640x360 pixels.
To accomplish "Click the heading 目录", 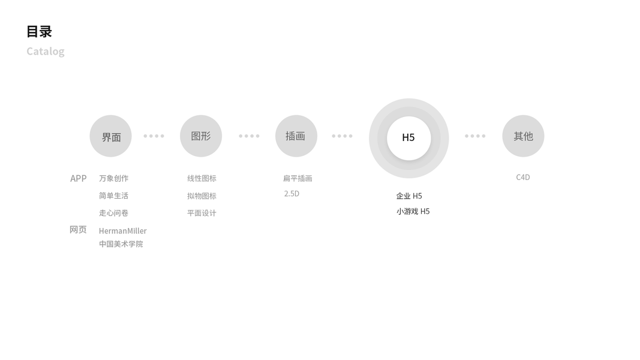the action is pyautogui.click(x=39, y=31).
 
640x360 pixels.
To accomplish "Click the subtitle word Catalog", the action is pyautogui.click(x=45, y=51).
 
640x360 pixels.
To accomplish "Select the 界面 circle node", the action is pyautogui.click(x=111, y=136).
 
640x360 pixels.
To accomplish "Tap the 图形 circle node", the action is pyautogui.click(x=201, y=136).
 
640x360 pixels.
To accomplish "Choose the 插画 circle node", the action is pyautogui.click(x=296, y=136).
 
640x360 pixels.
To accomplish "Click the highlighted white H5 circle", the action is pyautogui.click(x=408, y=137).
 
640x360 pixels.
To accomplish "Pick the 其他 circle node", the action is pyautogui.click(x=523, y=136).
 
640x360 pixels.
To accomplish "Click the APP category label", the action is pyautogui.click(x=79, y=178).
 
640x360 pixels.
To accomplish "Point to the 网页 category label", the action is pyautogui.click(x=78, y=230).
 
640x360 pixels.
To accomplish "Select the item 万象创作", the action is pyautogui.click(x=114, y=178).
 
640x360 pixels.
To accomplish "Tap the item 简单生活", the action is pyautogui.click(x=114, y=196).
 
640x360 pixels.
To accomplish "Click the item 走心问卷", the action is pyautogui.click(x=114, y=213).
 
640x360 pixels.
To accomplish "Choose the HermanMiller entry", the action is pyautogui.click(x=123, y=231).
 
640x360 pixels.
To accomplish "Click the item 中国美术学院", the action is pyautogui.click(x=121, y=244).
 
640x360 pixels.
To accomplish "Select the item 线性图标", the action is pyautogui.click(x=202, y=178).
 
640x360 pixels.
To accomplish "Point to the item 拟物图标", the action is pyautogui.click(x=202, y=196).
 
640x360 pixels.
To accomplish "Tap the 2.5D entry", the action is pyautogui.click(x=292, y=194).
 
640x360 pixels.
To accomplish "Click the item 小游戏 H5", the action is pyautogui.click(x=413, y=211).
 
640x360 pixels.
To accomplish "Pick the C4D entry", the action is pyautogui.click(x=523, y=177).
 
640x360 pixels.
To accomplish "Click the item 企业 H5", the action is pyautogui.click(x=409, y=196).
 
